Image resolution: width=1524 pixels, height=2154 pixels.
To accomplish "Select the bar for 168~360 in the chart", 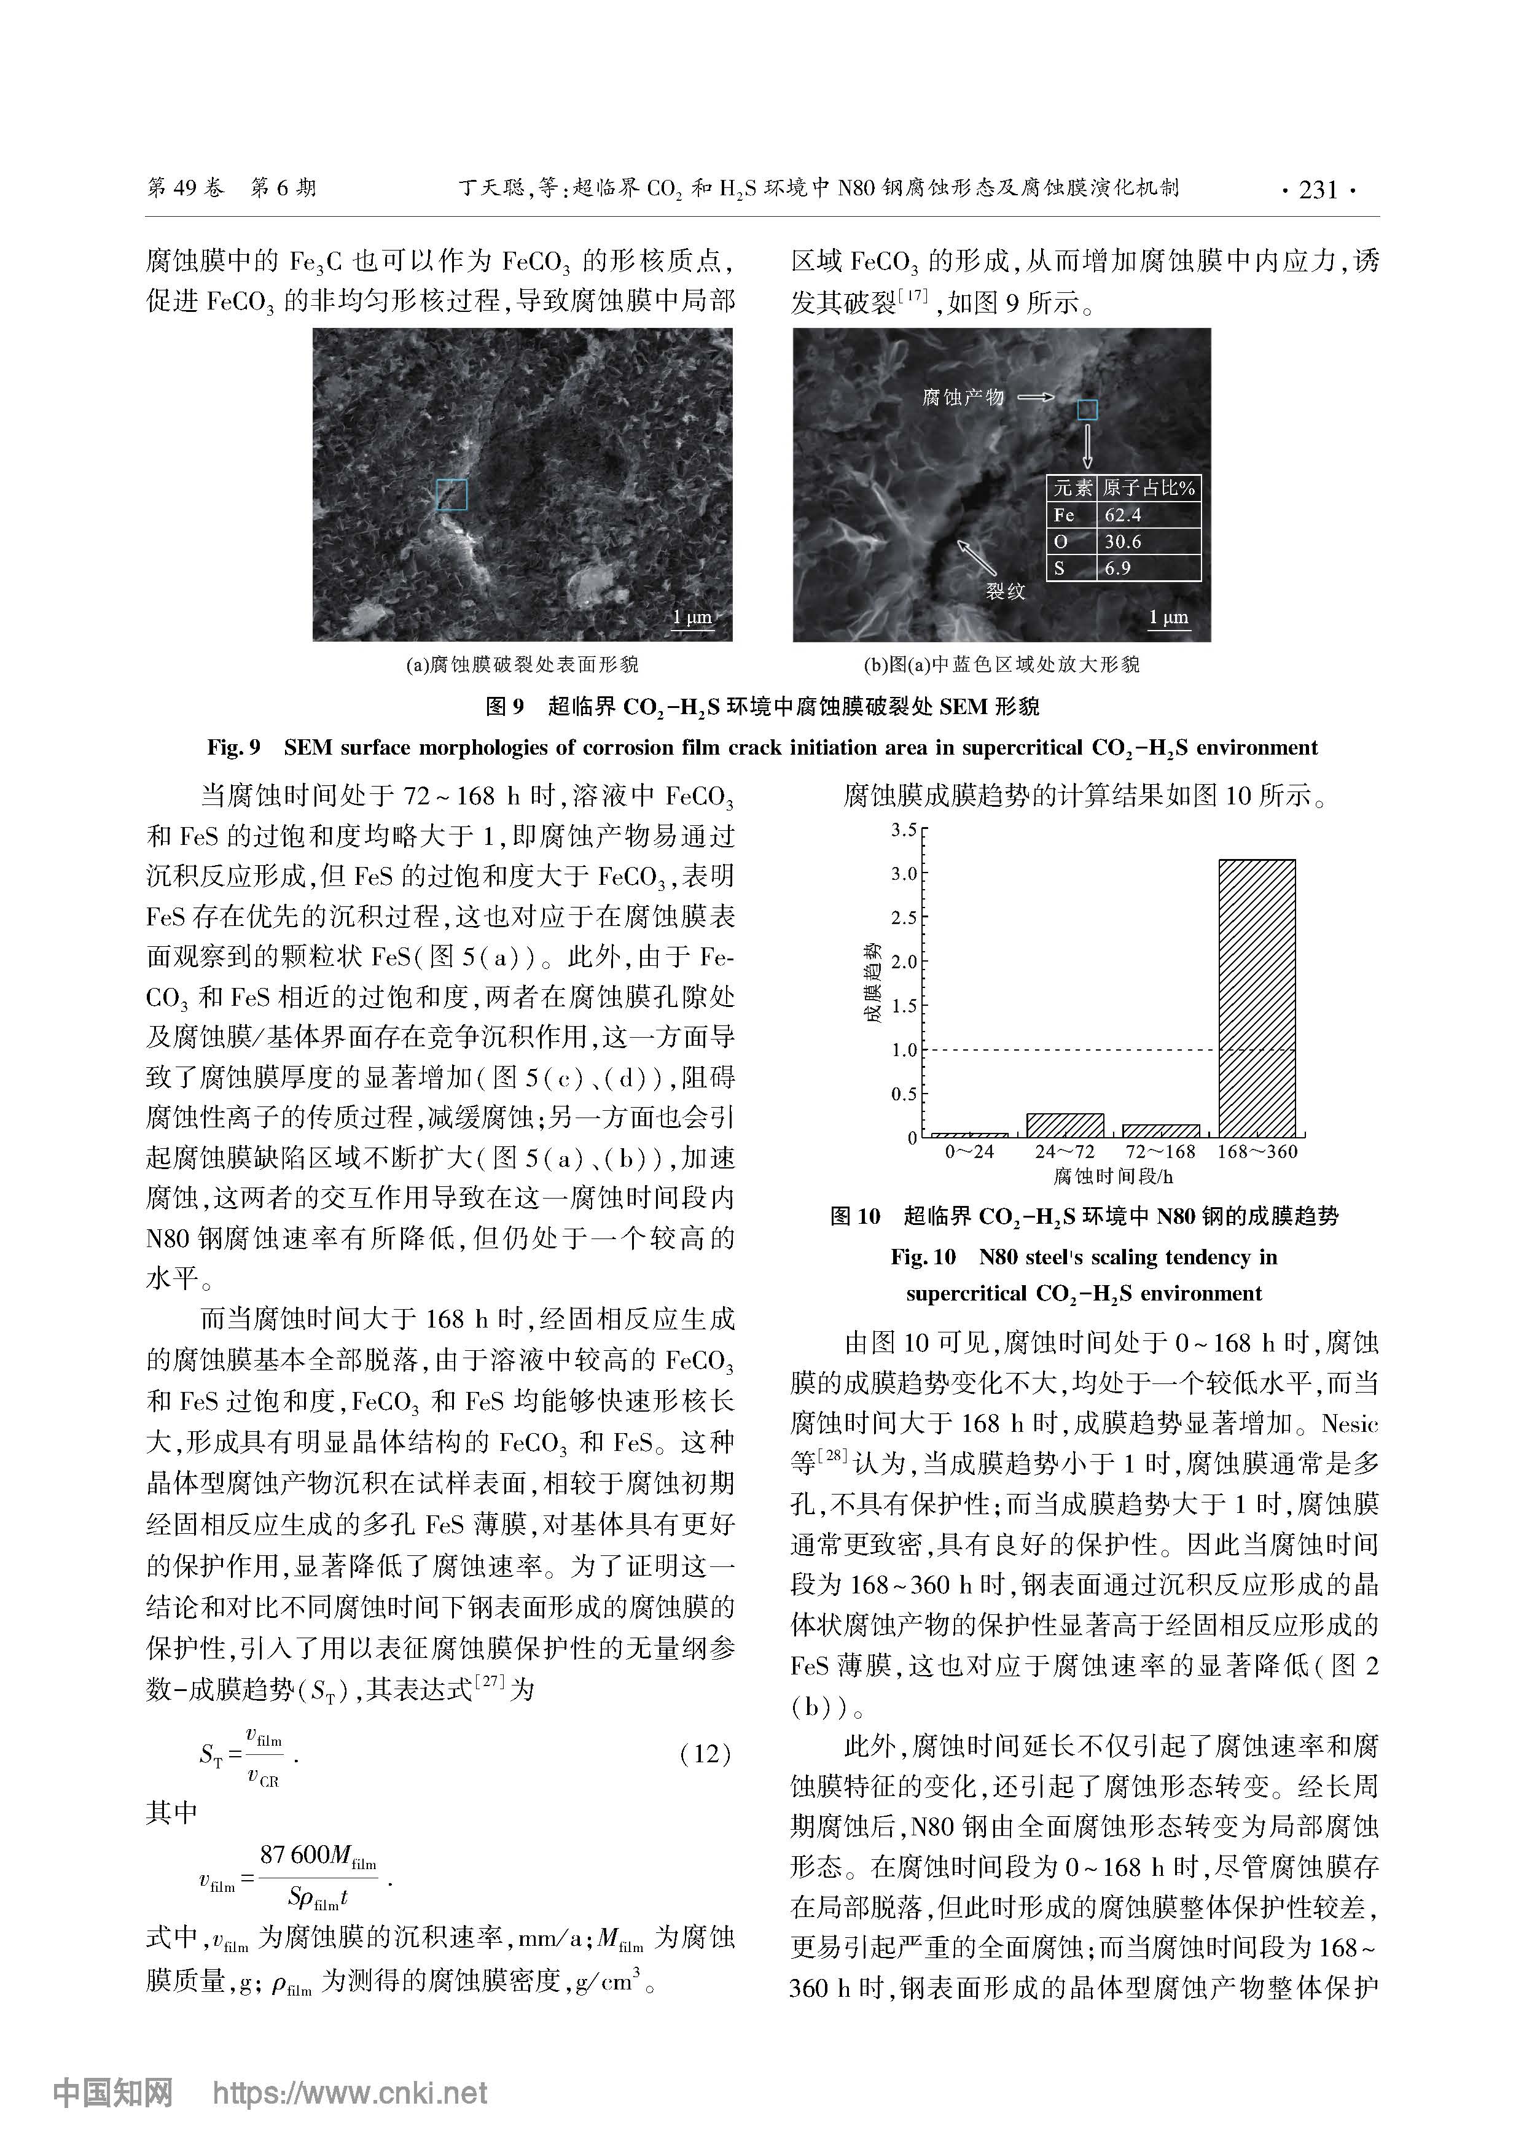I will pos(1257,998).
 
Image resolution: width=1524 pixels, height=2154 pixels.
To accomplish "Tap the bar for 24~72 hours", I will pos(1065,1126).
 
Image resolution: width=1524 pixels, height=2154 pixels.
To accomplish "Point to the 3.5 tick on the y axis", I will pos(904,830).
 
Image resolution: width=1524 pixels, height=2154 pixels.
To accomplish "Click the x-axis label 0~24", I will pos(969,1152).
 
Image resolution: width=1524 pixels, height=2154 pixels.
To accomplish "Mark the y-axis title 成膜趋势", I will pos(873,982).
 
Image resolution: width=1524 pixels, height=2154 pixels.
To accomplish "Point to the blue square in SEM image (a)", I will pos(451,494).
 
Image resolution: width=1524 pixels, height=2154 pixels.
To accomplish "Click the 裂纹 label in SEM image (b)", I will pos(1005,591).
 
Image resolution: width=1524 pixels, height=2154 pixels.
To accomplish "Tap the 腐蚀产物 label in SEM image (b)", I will pos(963,398).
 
